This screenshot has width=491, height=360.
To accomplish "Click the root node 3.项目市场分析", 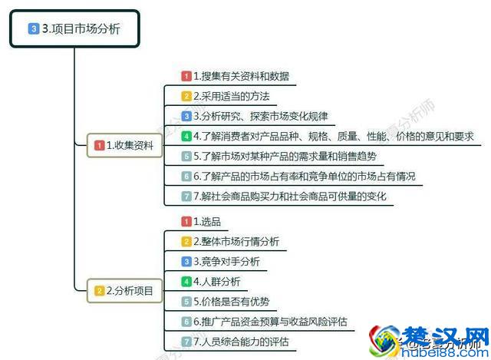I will pyautogui.click(x=75, y=29).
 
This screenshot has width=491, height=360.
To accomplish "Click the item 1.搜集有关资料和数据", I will pyautogui.click(x=240, y=76).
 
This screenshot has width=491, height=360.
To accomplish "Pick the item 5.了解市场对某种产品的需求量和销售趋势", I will pyautogui.click(x=284, y=156).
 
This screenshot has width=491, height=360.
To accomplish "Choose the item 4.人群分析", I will pyautogui.click(x=216, y=281).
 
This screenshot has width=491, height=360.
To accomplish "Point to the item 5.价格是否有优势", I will pyautogui.click(x=226, y=301).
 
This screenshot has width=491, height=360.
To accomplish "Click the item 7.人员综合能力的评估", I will pyautogui.click(x=240, y=341).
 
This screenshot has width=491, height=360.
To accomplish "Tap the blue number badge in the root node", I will pyautogui.click(x=33, y=29).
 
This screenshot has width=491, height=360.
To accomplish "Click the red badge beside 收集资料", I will pyautogui.click(x=99, y=144).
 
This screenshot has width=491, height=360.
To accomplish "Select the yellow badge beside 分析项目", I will pyautogui.click(x=99, y=290).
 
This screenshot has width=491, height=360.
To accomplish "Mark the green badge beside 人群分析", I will pyautogui.click(x=186, y=281).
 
